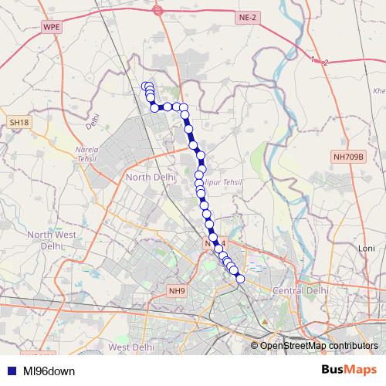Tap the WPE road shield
pyautogui.click(x=52, y=26)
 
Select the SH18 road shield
pyautogui.click(x=19, y=123)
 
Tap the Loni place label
pyautogui.click(x=365, y=249)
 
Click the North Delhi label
pyautogui.click(x=149, y=178)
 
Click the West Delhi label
pyautogui.click(x=131, y=347)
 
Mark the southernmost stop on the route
pyautogui.click(x=239, y=278)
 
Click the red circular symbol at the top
pyautogui.click(x=157, y=10)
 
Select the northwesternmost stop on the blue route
pyautogui.click(x=145, y=86)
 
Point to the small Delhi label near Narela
pyautogui.click(x=93, y=121)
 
